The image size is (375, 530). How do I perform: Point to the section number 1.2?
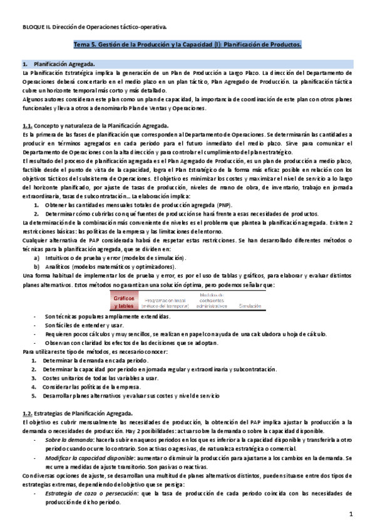(27, 413)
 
